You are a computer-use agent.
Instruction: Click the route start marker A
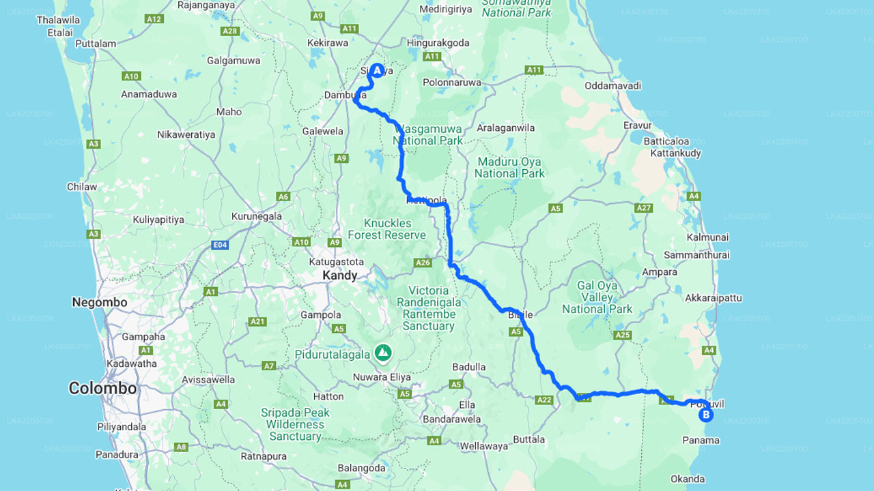(x=377, y=70)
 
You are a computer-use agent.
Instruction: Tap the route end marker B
(x=705, y=414)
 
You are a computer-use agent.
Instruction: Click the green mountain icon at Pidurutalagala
(x=383, y=353)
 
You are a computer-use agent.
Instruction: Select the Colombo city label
(x=102, y=389)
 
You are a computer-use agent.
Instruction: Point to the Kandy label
(x=339, y=276)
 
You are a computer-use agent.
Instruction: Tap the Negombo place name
(x=100, y=302)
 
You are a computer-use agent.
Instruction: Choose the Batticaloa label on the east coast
(x=666, y=141)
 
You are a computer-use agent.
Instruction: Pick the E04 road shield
(x=219, y=244)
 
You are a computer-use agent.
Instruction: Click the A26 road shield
(x=423, y=263)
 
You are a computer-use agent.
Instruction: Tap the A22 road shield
(x=544, y=400)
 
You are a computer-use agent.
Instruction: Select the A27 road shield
(x=643, y=207)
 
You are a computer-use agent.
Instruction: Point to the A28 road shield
(x=229, y=31)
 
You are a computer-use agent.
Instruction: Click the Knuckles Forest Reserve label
(x=386, y=229)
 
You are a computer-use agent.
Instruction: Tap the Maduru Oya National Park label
(x=509, y=168)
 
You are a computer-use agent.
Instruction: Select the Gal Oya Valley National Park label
(x=597, y=297)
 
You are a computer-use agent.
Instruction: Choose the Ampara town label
(x=659, y=272)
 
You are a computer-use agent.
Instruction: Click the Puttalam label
(x=96, y=44)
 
